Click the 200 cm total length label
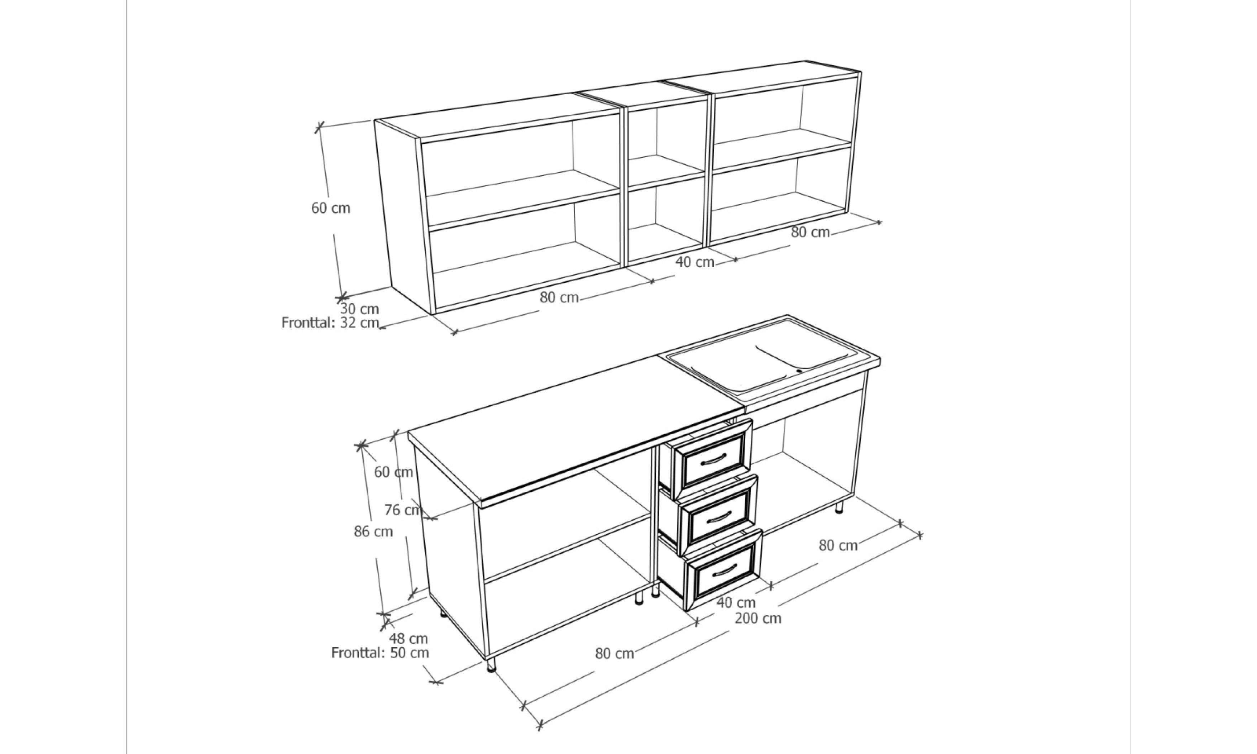click(758, 618)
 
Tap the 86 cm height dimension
click(373, 531)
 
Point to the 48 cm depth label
click(408, 639)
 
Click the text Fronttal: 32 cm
click(330, 323)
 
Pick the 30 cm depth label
click(360, 309)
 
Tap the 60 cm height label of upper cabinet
click(331, 208)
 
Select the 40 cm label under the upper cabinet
click(695, 262)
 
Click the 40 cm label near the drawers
click(736, 602)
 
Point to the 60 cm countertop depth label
click(393, 472)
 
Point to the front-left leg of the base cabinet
click(491, 665)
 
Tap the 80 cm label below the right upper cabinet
click(810, 232)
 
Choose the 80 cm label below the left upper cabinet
click(559, 297)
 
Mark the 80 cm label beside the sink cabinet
click(838, 545)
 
